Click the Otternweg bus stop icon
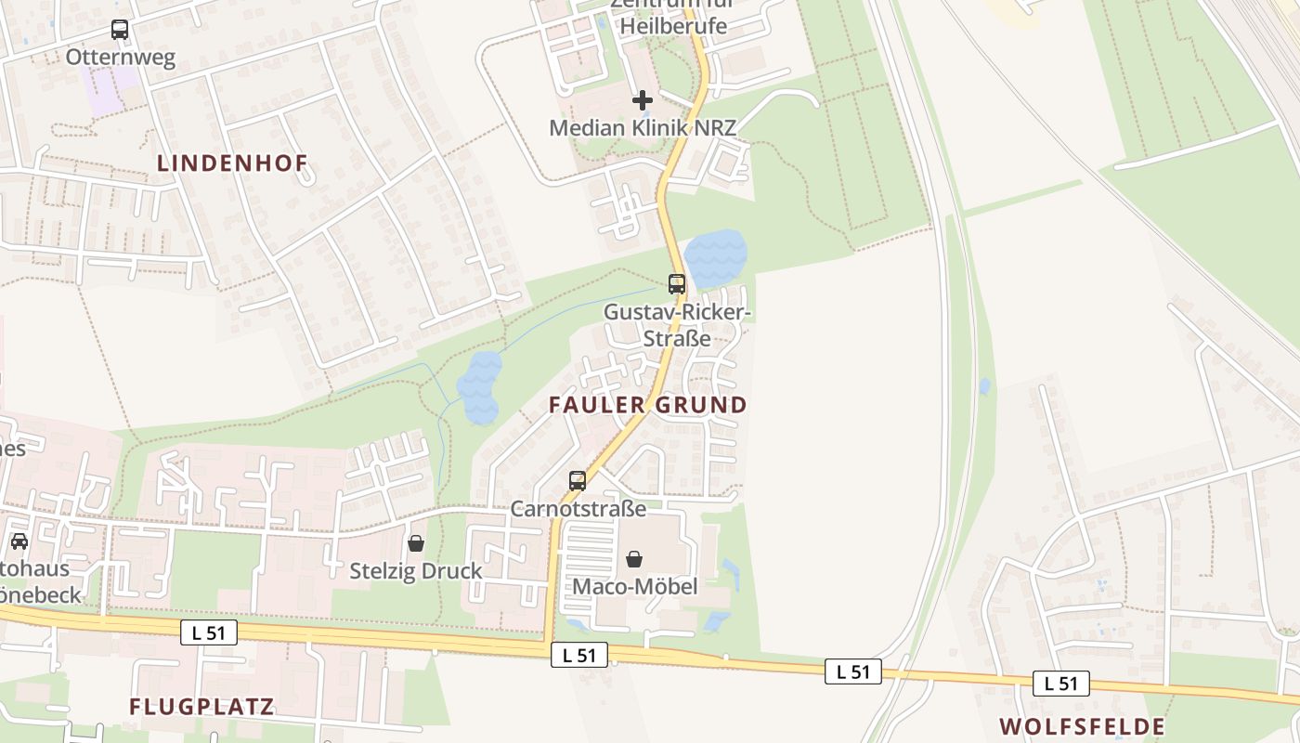point(120,30)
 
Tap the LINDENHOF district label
point(232,163)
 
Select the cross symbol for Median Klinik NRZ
point(642,99)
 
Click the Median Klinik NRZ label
point(643,127)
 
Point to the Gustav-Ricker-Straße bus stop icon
point(677,284)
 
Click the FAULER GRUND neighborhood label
point(647,405)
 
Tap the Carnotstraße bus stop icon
point(578,481)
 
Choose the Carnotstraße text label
point(578,509)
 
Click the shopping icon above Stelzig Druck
point(416,542)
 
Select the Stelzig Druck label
point(416,570)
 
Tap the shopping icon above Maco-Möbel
point(634,559)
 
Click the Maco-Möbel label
point(634,586)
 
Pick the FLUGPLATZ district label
point(201,707)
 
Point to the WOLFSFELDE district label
point(1082,725)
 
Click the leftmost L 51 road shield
point(209,633)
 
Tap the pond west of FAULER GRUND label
point(479,386)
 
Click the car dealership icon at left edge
point(19,541)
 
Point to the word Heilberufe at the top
point(673,26)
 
